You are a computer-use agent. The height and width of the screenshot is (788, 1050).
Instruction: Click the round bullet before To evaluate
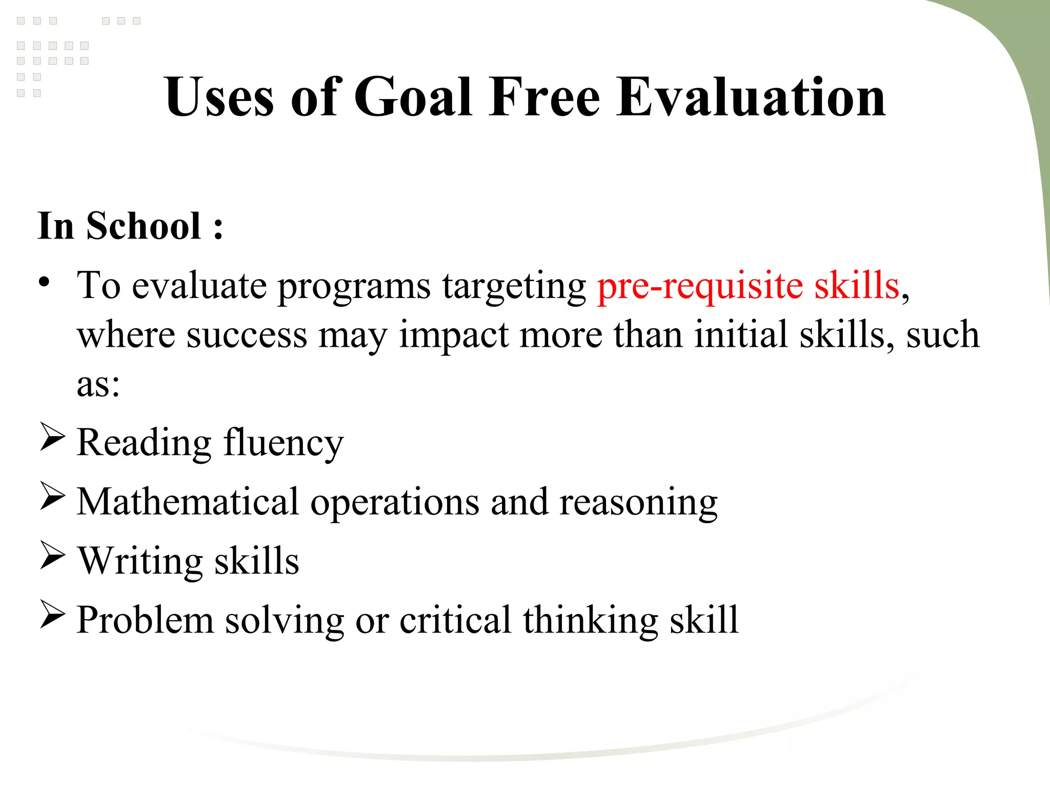pyautogui.click(x=45, y=282)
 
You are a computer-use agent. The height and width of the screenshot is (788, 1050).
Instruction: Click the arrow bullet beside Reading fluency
pyautogui.click(x=52, y=438)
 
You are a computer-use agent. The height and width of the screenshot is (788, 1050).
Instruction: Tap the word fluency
pyautogui.click(x=283, y=443)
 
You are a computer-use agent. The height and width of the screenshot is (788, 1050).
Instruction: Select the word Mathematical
pyautogui.click(x=188, y=501)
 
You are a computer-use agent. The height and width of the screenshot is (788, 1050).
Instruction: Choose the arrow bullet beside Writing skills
pyautogui.click(x=52, y=556)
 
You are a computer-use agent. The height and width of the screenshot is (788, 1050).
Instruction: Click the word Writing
pyautogui.click(x=140, y=561)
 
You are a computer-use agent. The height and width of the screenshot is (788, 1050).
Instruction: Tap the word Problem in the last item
pyautogui.click(x=145, y=620)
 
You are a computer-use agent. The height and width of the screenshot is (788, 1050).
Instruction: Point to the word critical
pyautogui.click(x=455, y=620)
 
